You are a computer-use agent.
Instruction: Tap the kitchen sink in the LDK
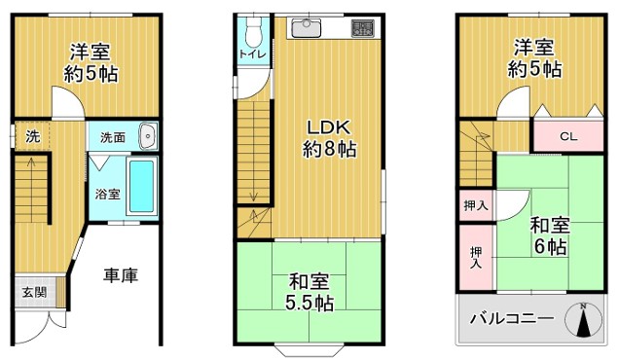tap(307, 28)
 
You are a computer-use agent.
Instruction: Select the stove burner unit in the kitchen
tap(362, 28)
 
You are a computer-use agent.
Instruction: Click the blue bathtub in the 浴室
tap(142, 186)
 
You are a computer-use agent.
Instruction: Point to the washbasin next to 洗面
tap(148, 136)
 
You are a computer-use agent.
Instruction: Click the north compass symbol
tap(583, 320)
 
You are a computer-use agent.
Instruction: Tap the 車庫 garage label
tap(121, 275)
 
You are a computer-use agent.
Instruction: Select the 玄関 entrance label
tap(34, 292)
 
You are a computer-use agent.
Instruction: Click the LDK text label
tap(329, 127)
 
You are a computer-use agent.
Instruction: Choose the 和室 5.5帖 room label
tap(309, 292)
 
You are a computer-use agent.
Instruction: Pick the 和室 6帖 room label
tap(550, 235)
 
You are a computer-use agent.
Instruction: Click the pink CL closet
tap(568, 136)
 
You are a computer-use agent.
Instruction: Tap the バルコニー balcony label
tap(512, 318)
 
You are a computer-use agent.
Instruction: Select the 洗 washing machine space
tap(32, 136)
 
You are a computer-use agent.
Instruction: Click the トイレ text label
tap(253, 54)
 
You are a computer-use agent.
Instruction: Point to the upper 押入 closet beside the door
tap(476, 205)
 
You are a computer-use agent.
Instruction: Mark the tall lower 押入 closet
tap(476, 258)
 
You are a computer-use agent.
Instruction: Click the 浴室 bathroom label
tap(108, 195)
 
